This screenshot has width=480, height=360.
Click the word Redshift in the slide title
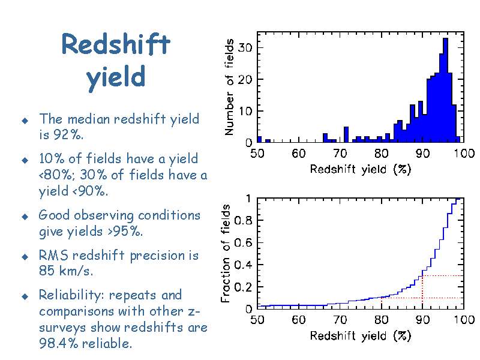pyautogui.click(x=116, y=44)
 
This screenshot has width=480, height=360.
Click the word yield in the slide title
pyautogui.click(x=116, y=78)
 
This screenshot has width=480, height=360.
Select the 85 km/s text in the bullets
pyautogui.click(x=65, y=271)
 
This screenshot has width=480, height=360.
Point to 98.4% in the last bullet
pyautogui.click(x=58, y=343)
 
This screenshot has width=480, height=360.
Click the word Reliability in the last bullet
pyautogui.click(x=71, y=295)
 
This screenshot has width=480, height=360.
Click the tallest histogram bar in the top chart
pyautogui.click(x=445, y=91)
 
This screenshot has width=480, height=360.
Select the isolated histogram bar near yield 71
pyautogui.click(x=346, y=134)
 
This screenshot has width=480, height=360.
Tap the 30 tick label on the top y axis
pyautogui.click(x=245, y=47)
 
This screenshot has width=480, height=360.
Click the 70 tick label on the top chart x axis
pyautogui.click(x=340, y=153)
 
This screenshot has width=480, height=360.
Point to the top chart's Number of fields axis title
pyautogui.click(x=229, y=87)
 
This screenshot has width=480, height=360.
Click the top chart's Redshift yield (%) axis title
pyautogui.click(x=361, y=169)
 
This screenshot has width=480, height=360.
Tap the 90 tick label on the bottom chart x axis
pyautogui.click(x=422, y=320)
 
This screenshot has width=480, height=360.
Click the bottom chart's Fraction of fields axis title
pyautogui.click(x=226, y=253)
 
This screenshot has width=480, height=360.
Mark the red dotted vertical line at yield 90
pyautogui.click(x=422, y=292)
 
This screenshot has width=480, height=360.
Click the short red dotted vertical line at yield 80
pyautogui.click(x=382, y=303)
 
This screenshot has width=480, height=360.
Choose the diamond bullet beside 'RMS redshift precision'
pyautogui.click(x=25, y=257)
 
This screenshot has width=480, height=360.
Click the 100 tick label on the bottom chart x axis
pyautogui.click(x=464, y=320)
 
